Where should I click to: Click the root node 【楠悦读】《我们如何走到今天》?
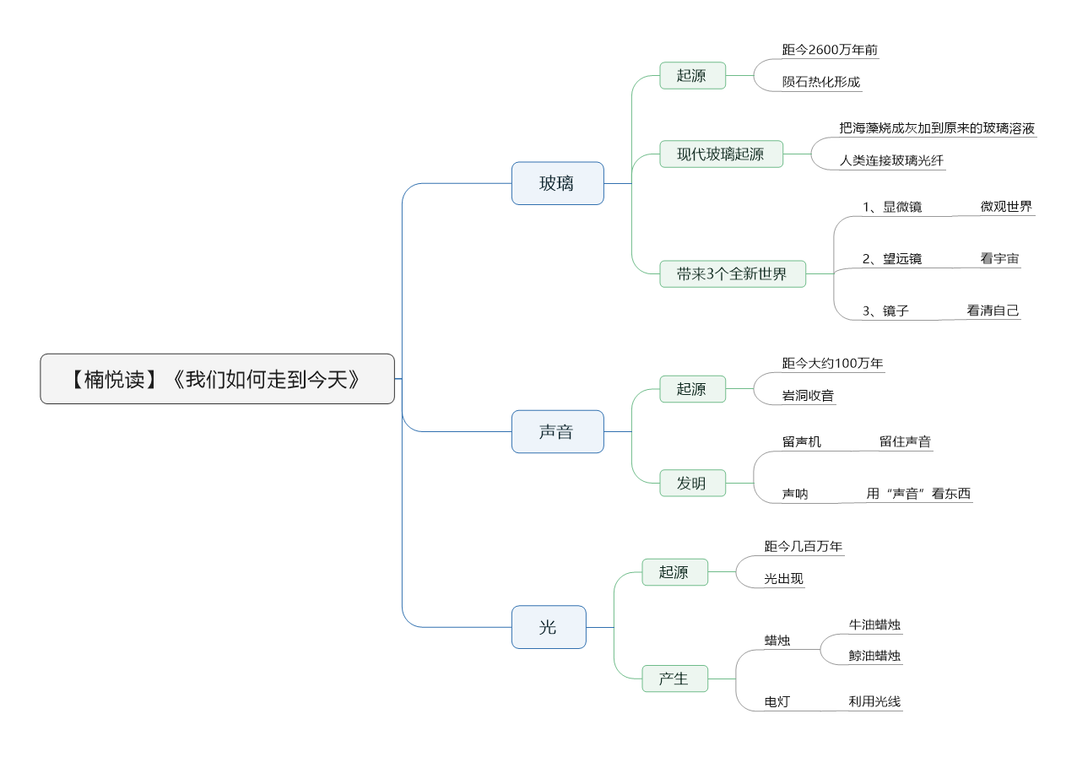pyautogui.click(x=217, y=379)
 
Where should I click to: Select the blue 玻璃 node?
pyautogui.click(x=558, y=183)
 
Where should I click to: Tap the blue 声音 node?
pyautogui.click(x=558, y=431)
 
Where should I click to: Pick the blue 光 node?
pyautogui.click(x=549, y=627)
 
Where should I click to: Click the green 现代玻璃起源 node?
pyautogui.click(x=721, y=154)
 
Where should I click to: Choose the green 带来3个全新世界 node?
pyautogui.click(x=733, y=274)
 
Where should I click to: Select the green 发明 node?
pyautogui.click(x=692, y=483)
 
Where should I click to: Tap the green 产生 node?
pyautogui.click(x=675, y=679)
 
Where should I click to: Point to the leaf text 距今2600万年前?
pyautogui.click(x=830, y=50)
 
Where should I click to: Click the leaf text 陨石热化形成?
pyautogui.click(x=821, y=82)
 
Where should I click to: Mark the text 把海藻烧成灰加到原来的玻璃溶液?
pyautogui.click(x=937, y=127)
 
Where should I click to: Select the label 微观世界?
pyautogui.click(x=1006, y=206)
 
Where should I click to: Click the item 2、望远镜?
pyautogui.click(x=892, y=258)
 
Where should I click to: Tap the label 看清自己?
pyautogui.click(x=993, y=311)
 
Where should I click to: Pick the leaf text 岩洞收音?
pyautogui.click(x=808, y=396)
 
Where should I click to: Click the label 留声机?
pyautogui.click(x=802, y=441)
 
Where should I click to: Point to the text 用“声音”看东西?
pyautogui.click(x=918, y=494)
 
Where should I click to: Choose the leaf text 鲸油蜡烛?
pyautogui.click(x=874, y=656)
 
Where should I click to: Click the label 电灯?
pyautogui.click(x=777, y=702)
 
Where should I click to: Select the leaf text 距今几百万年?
pyautogui.click(x=804, y=546)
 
